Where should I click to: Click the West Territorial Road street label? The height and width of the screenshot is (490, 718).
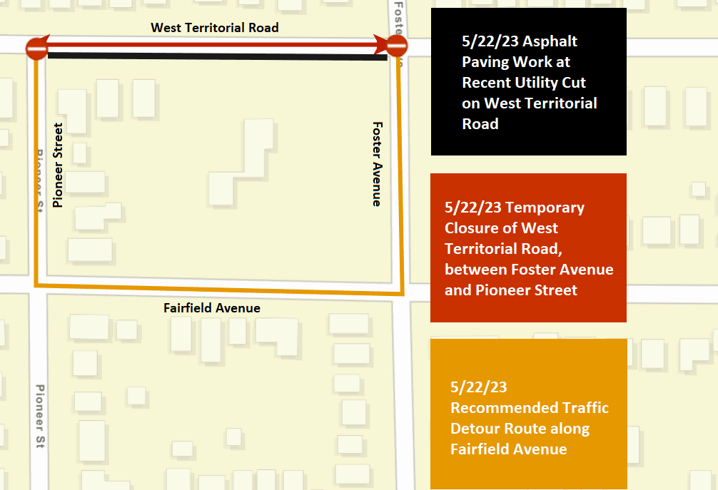point(214,28)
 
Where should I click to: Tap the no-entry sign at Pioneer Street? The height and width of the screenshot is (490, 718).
point(36,49)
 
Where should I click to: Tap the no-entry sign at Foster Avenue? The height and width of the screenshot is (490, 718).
point(397,47)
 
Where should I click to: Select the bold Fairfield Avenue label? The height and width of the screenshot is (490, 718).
point(212,308)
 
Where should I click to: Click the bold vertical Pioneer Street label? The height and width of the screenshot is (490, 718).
point(58,165)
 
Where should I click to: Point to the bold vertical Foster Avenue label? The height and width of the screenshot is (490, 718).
point(377,164)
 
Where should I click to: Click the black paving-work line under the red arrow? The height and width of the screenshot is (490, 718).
point(214,56)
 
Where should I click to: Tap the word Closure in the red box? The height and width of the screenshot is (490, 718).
point(472,228)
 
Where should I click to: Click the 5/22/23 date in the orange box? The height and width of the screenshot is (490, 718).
point(478,387)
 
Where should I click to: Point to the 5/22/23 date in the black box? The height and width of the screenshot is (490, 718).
point(490,42)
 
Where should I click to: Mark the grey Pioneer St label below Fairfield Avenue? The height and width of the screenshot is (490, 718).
point(41,417)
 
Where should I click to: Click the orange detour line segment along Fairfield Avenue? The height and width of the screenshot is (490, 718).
point(214,289)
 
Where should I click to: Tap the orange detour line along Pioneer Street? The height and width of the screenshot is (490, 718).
point(34,178)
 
